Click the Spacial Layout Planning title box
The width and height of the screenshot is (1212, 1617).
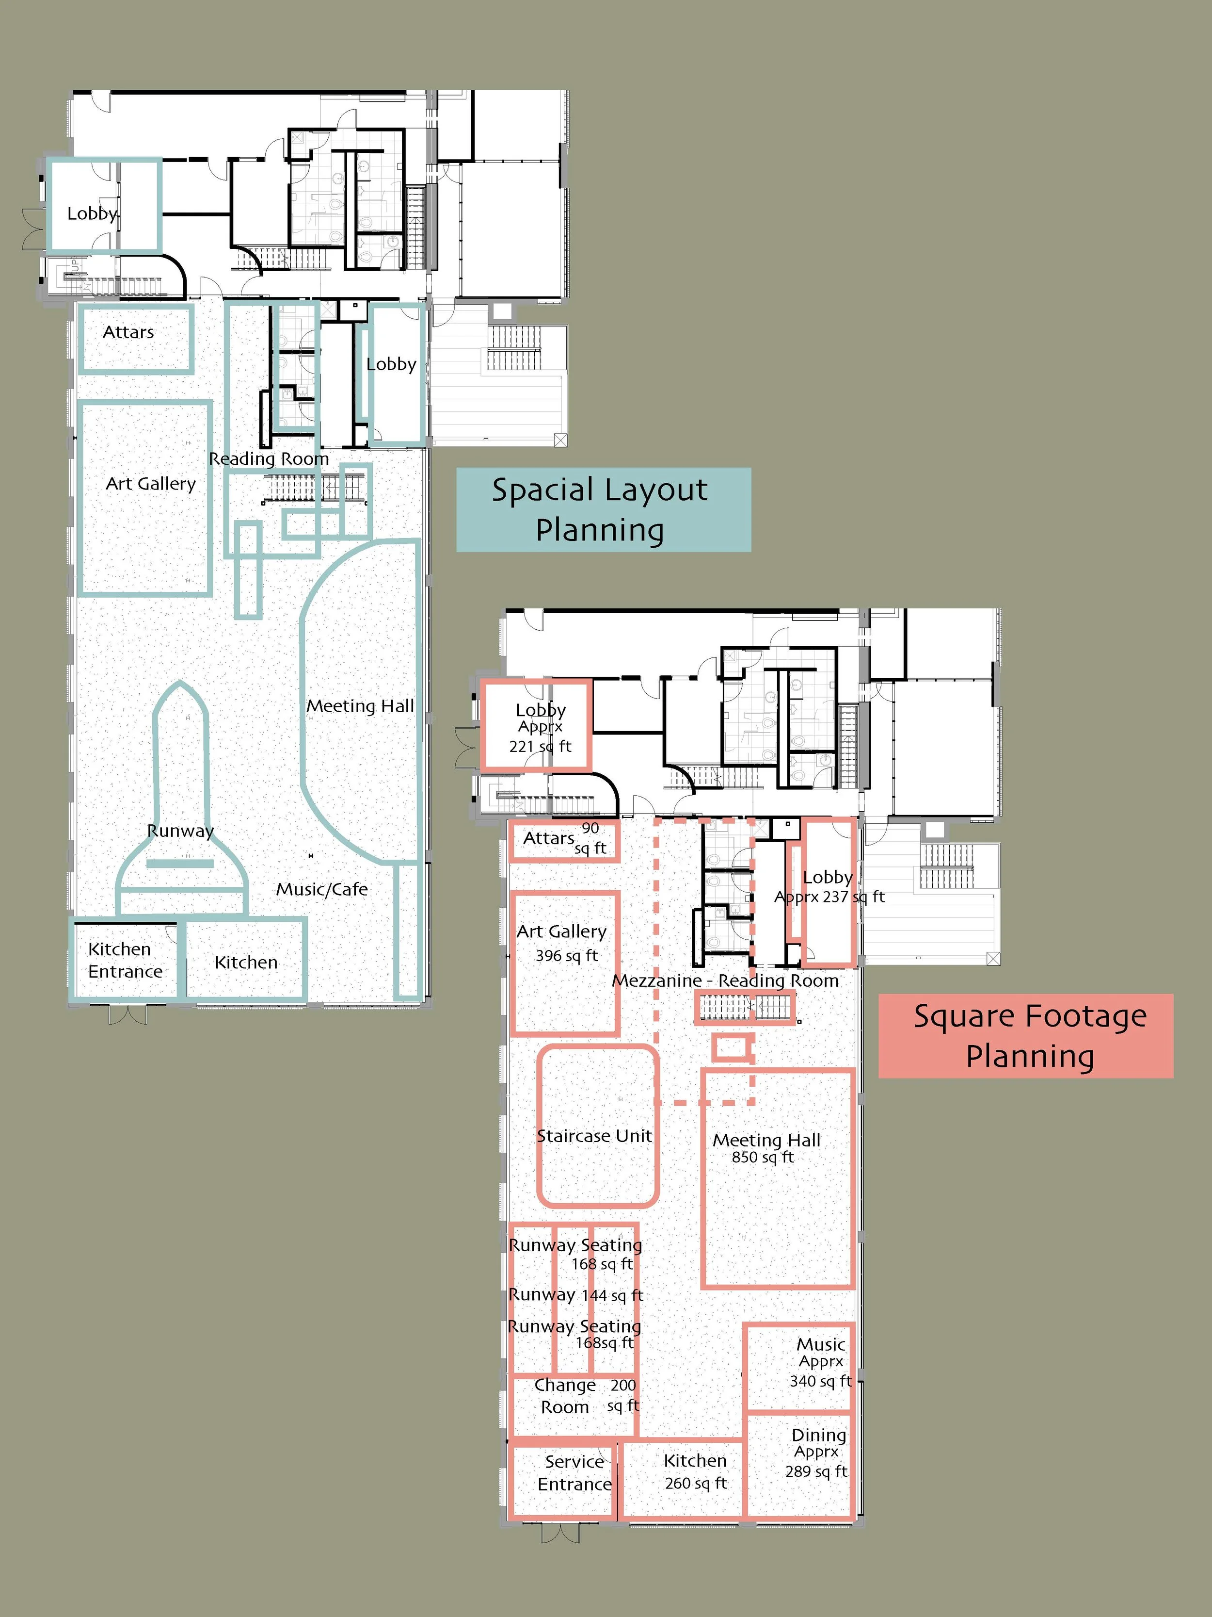[x=604, y=509]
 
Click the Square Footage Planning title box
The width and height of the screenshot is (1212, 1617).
[x=1026, y=1036]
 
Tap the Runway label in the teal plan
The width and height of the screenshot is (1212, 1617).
[x=180, y=831]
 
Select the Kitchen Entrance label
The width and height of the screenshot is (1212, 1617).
[x=125, y=960]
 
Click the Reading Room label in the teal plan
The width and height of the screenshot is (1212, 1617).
[x=269, y=458]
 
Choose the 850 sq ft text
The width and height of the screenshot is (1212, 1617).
[x=763, y=1157]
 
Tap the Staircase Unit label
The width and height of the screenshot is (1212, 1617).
[x=594, y=1136]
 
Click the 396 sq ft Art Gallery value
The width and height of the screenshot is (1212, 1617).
[x=567, y=955]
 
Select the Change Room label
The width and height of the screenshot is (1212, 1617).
[x=565, y=1395]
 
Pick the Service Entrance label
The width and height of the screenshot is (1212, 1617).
[x=574, y=1472]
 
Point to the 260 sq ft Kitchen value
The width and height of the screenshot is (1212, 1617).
[x=696, y=1483]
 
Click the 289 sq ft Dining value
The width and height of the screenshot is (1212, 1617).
[x=816, y=1471]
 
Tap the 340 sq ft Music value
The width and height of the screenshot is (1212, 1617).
[x=820, y=1381]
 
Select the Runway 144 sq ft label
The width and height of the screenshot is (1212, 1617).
[x=575, y=1295]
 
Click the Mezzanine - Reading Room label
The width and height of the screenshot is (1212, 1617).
[x=725, y=980]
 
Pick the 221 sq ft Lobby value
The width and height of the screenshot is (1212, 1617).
[x=541, y=746]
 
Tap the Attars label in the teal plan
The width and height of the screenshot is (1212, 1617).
[x=128, y=332]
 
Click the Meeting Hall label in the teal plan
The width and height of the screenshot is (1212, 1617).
[x=360, y=706]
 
